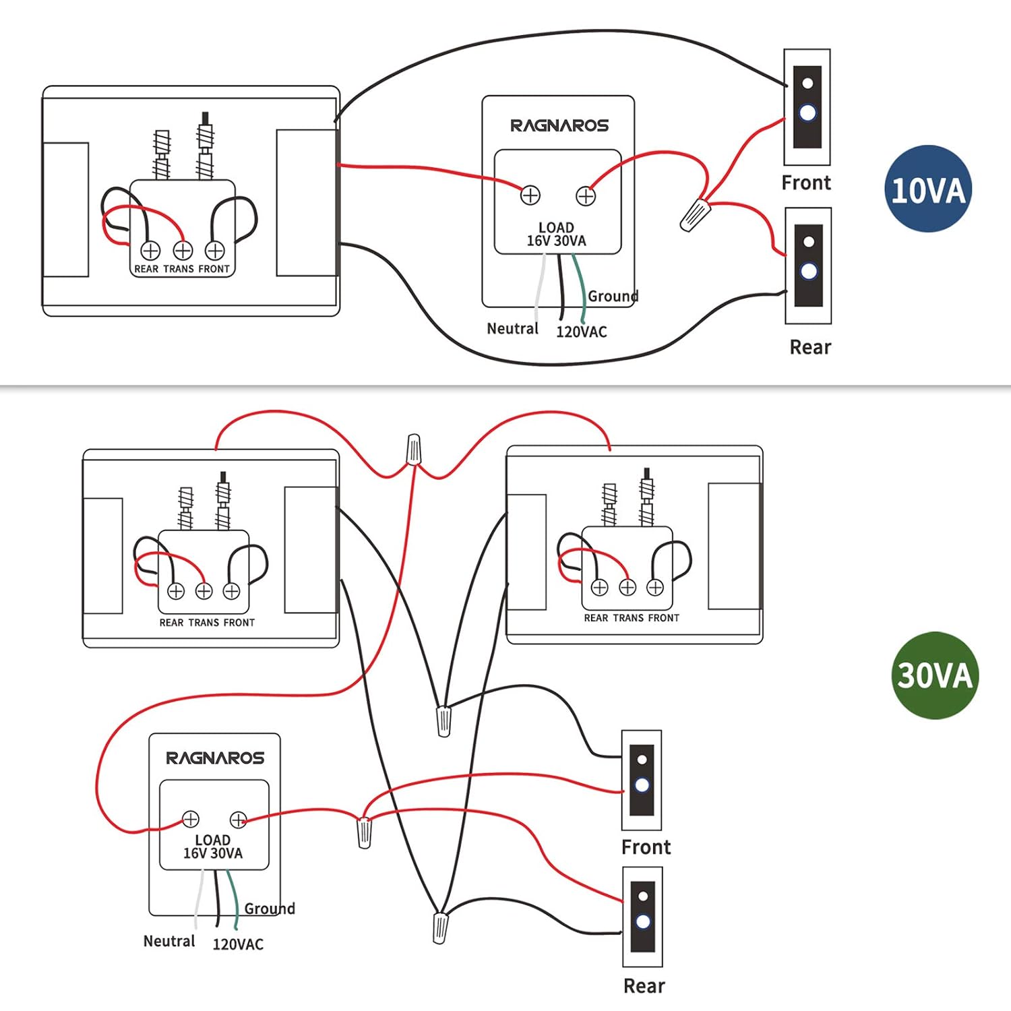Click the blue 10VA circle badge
coord(927,189)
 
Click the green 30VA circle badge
coord(934,675)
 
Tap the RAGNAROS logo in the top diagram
coord(559,125)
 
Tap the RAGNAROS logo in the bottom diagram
coord(215,758)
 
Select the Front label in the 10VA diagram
coord(806,183)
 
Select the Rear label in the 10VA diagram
coord(810,347)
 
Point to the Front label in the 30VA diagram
coord(646,847)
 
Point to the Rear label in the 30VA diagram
coord(644,986)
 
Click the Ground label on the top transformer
coord(613,296)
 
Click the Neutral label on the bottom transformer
coord(169,941)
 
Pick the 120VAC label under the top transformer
coord(581,332)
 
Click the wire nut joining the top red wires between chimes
coord(414,450)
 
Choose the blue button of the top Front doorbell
coord(807,113)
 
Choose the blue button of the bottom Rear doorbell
coord(643,921)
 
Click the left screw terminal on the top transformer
coord(530,195)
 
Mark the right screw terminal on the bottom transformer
coord(238,820)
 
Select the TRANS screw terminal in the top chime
coord(183,251)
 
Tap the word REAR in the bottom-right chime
coord(596,618)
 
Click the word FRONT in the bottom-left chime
coord(239,623)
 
